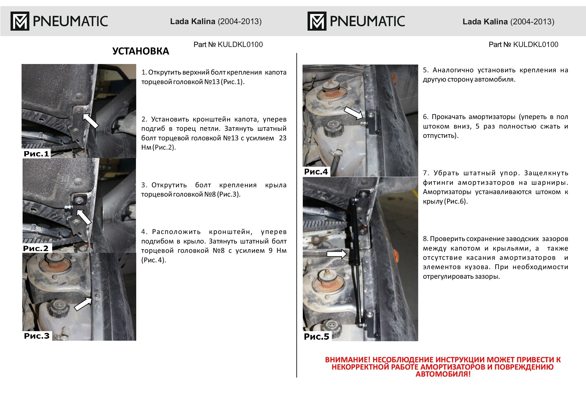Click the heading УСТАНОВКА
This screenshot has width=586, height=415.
pos(141,51)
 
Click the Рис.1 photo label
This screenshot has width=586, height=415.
pos(36,154)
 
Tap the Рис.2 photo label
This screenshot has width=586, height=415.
pos(36,248)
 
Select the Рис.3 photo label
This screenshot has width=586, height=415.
pos(37,335)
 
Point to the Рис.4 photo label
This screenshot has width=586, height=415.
pos(316,171)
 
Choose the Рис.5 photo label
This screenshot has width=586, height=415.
pos(316,336)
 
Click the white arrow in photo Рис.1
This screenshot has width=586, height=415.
pos(90,121)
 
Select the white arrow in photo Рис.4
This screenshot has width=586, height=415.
pos(353,113)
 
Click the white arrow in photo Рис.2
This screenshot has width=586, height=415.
pos(84,217)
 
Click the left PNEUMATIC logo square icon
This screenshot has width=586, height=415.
pos(20,21)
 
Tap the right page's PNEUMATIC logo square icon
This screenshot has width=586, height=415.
pos(317,21)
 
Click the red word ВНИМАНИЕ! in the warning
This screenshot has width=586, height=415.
pos(347,360)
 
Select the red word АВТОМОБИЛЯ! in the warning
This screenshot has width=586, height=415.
pos(443,374)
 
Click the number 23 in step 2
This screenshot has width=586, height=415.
pos(282,138)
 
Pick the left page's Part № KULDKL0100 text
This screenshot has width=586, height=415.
pos(228,44)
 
